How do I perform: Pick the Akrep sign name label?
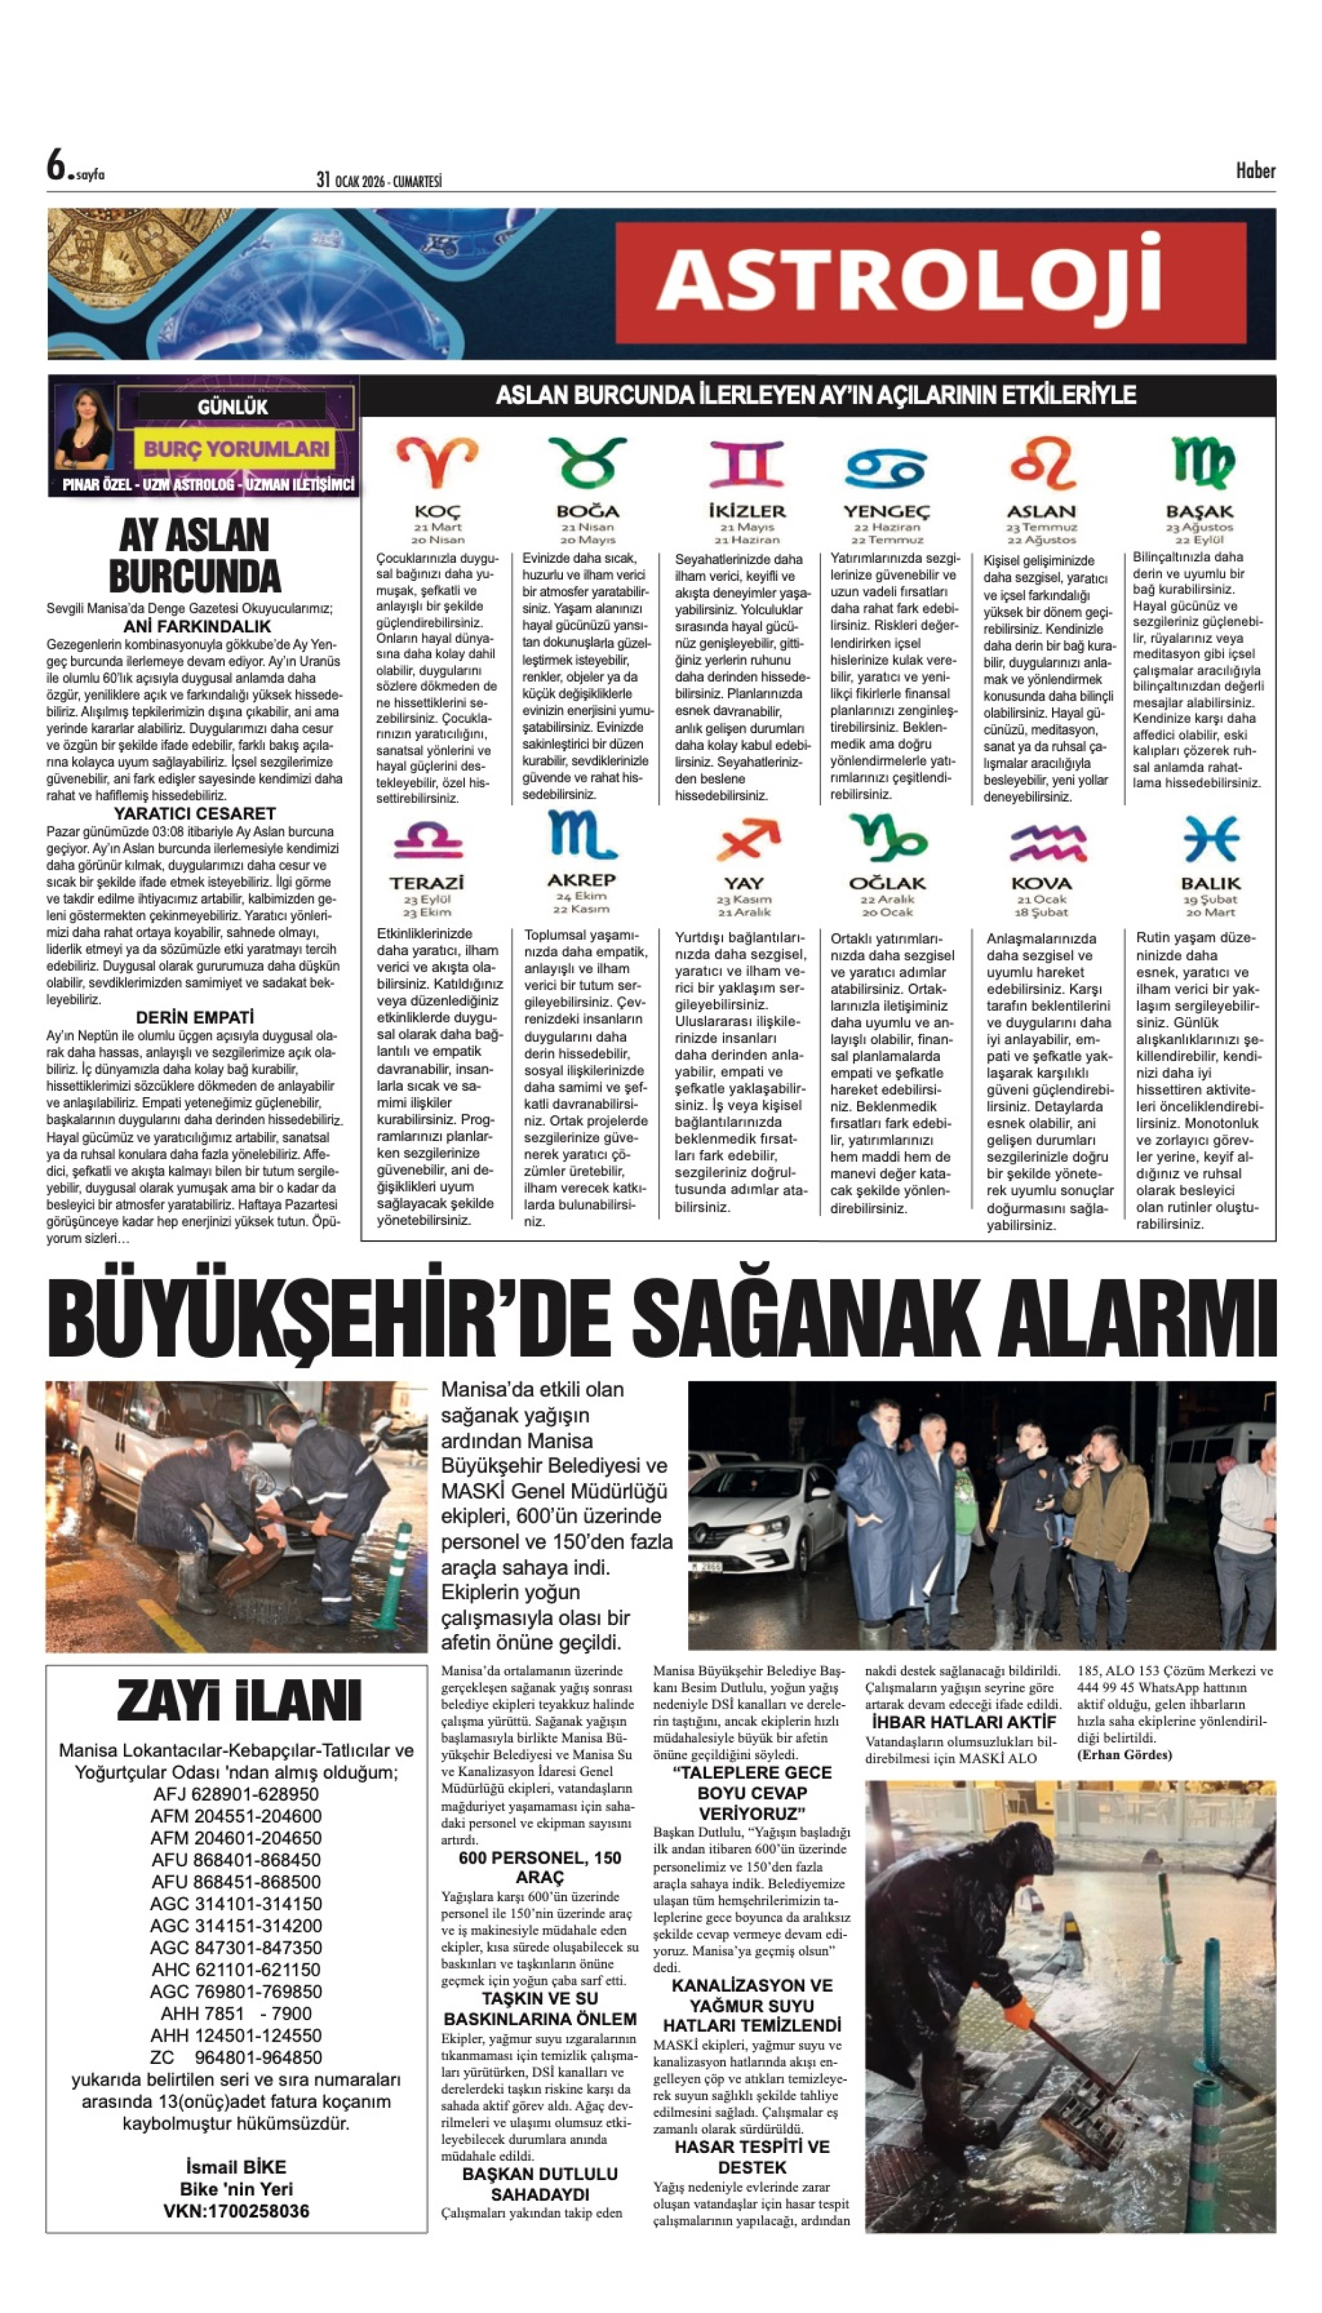[581, 879]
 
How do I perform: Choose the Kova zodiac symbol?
[1048, 842]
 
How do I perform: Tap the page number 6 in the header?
[57, 166]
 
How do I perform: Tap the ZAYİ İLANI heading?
[239, 1700]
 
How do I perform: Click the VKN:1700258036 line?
[236, 2211]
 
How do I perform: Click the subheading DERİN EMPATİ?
[194, 1017]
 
